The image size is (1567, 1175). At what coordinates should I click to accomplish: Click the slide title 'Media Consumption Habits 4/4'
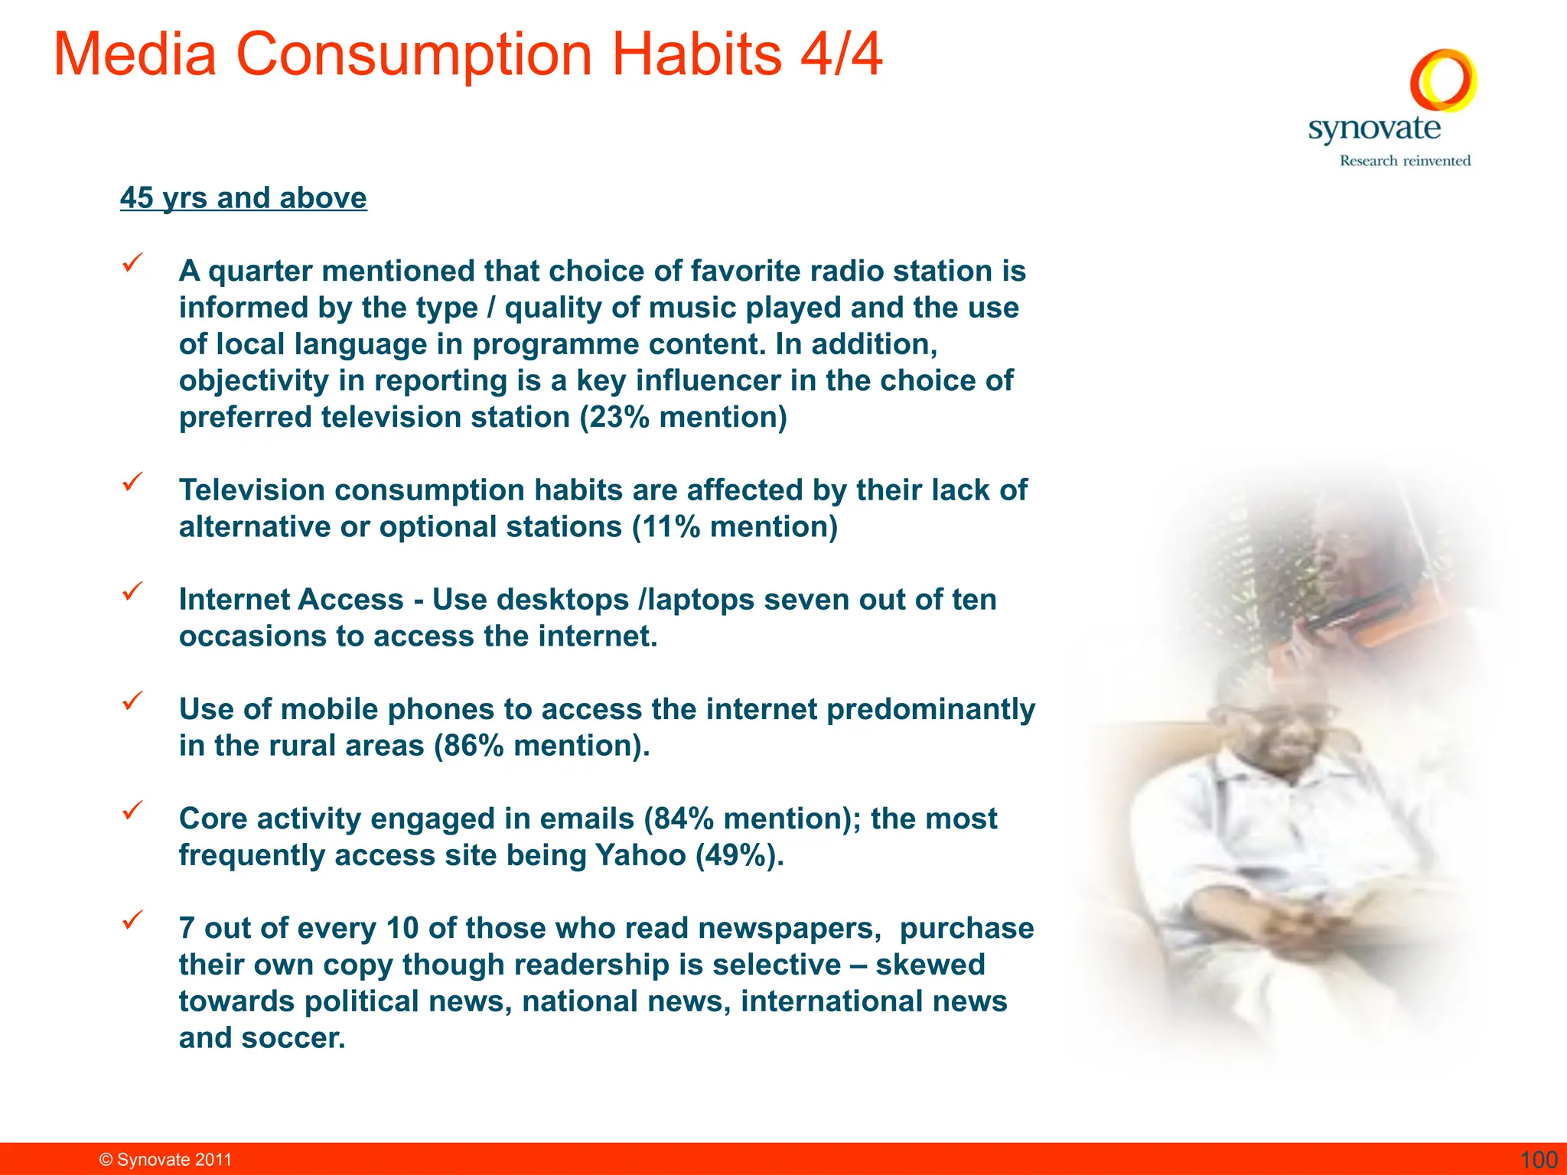click(467, 55)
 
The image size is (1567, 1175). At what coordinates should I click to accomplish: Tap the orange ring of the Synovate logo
click(1443, 80)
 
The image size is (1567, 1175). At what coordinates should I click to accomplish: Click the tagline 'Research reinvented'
click(1405, 161)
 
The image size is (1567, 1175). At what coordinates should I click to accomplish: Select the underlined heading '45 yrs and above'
click(243, 198)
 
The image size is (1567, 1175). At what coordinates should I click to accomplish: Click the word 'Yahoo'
click(640, 855)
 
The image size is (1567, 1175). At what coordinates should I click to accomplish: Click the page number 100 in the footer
click(1538, 1160)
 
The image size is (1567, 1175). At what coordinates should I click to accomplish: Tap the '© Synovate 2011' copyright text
click(165, 1160)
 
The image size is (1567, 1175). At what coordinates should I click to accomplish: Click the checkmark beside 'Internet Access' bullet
click(133, 591)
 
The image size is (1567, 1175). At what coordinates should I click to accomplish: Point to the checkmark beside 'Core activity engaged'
click(133, 810)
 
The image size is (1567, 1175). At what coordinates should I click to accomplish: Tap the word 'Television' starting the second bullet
click(252, 490)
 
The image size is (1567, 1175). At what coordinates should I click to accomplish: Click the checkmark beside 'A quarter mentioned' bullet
click(133, 263)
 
